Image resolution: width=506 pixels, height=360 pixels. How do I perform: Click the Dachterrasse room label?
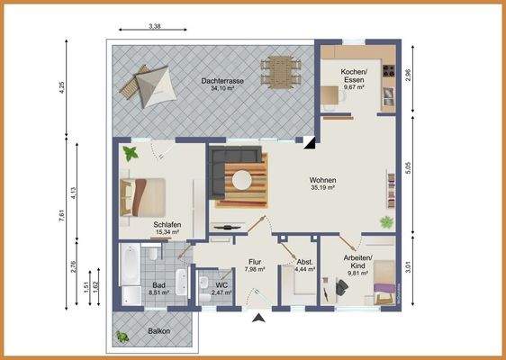click(221, 80)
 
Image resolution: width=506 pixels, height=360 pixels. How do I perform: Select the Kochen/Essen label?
click(353, 75)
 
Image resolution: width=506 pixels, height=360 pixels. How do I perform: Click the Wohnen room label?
click(322, 180)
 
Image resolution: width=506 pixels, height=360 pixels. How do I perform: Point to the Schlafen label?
click(167, 225)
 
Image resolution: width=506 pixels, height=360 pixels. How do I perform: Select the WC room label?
click(221, 284)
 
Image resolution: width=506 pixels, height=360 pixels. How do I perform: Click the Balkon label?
click(159, 331)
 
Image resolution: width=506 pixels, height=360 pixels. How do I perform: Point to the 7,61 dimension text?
click(59, 213)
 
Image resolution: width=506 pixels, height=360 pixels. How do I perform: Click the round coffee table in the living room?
click(241, 181)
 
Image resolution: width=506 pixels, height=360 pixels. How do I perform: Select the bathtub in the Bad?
click(128, 265)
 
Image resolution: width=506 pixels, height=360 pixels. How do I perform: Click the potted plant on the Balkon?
click(122, 337)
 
